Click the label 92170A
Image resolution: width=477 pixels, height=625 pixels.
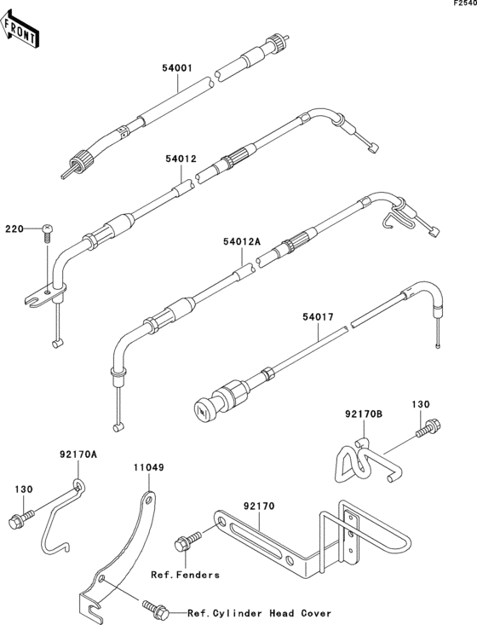tap(78, 455)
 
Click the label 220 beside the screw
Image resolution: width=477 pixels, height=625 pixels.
tap(14, 229)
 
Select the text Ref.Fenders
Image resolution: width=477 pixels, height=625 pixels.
tap(185, 575)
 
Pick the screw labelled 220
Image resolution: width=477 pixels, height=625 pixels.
tap(49, 231)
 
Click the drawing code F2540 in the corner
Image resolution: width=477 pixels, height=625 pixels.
tap(464, 5)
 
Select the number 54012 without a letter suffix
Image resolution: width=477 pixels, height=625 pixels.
tap(181, 158)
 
